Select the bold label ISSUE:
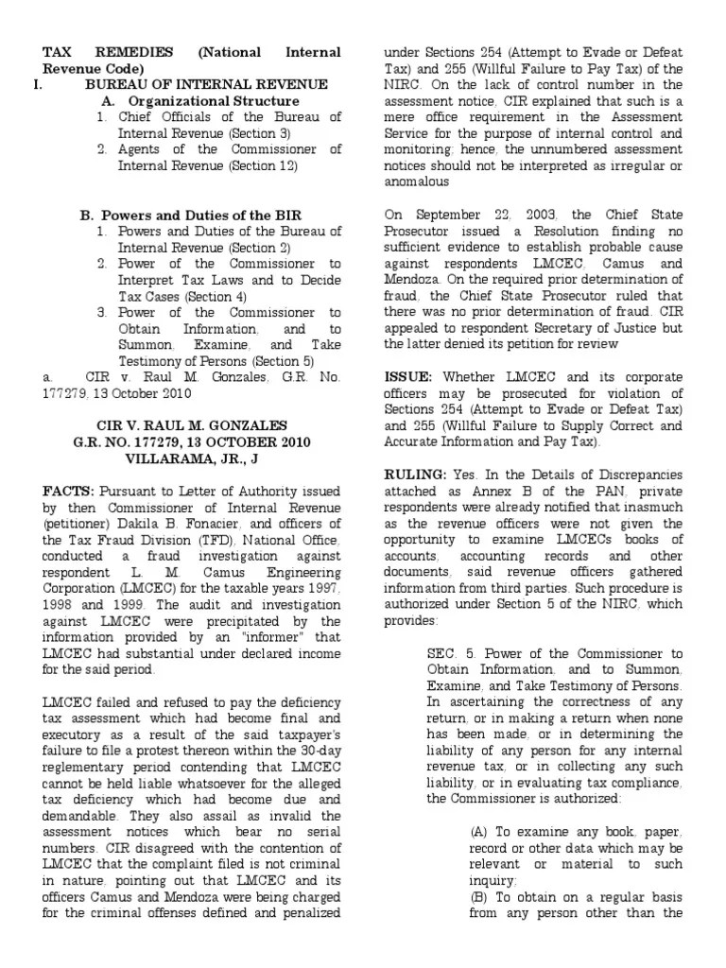click(409, 376)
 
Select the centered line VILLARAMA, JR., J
click(192, 458)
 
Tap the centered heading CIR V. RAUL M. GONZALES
click(192, 426)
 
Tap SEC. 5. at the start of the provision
click(451, 654)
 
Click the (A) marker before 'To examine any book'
click(480, 831)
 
